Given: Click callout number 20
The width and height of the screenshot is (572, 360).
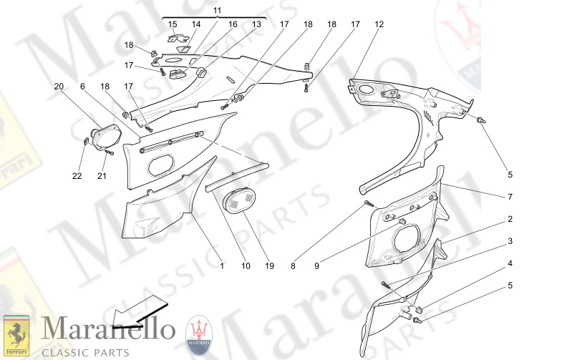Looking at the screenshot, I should click(x=59, y=87).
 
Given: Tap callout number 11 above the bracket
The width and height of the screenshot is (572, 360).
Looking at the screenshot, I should click(x=218, y=9).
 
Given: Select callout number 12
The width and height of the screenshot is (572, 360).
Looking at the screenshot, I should click(x=379, y=24).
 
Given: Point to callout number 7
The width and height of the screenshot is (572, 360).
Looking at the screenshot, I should click(x=510, y=196).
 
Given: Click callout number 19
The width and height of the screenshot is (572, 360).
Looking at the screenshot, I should click(x=269, y=266).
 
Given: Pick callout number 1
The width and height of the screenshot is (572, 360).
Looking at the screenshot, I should click(x=222, y=266).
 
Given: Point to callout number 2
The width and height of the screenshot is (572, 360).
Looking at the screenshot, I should click(x=510, y=219).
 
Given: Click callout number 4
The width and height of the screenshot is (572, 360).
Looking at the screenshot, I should click(x=510, y=264).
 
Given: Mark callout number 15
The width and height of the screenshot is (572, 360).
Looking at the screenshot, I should click(x=173, y=24).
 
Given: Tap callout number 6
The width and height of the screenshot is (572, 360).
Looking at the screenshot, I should click(x=82, y=87).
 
